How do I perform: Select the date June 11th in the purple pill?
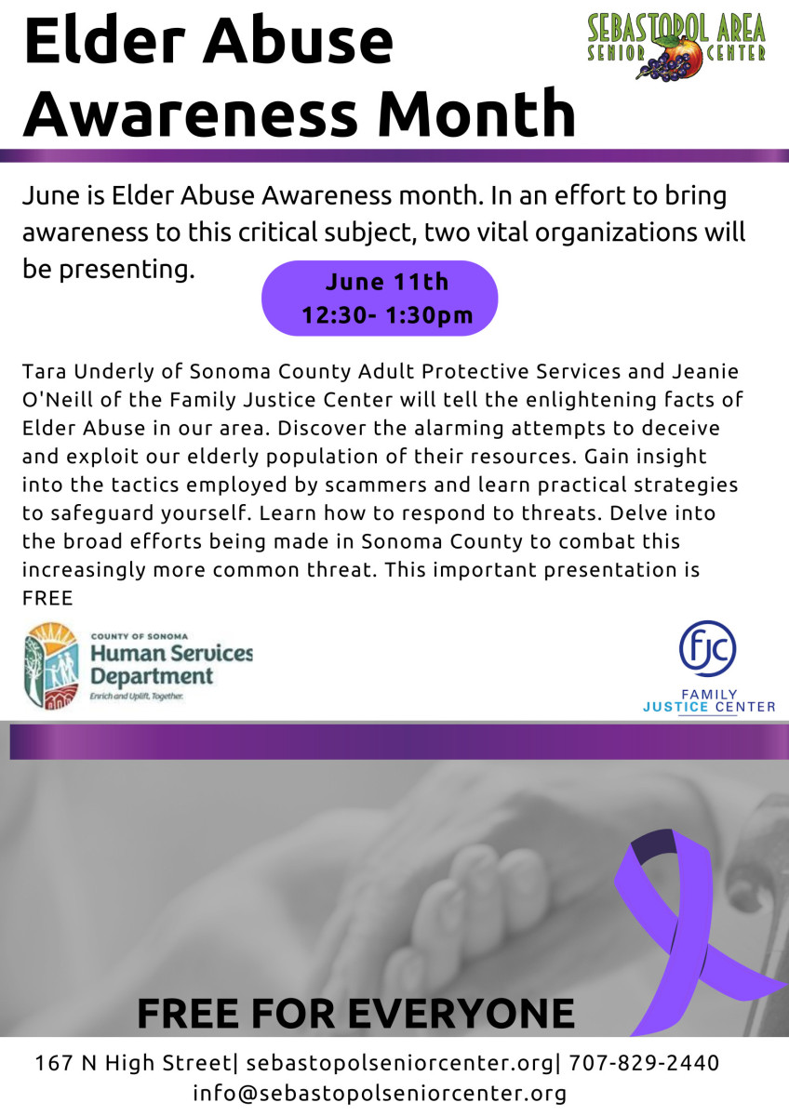(x=387, y=282)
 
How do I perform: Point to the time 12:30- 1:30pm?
(x=387, y=315)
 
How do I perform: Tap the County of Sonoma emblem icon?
(x=51, y=666)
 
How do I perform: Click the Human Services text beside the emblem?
(x=171, y=653)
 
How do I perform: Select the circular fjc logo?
(x=707, y=648)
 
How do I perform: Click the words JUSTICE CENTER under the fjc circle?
(x=709, y=707)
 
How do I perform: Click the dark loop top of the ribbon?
(x=653, y=845)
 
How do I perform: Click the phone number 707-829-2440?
(x=644, y=1063)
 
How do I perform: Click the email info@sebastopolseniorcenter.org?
(x=380, y=1094)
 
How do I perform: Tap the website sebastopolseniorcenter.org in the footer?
(x=399, y=1064)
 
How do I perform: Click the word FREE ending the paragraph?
(x=47, y=598)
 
